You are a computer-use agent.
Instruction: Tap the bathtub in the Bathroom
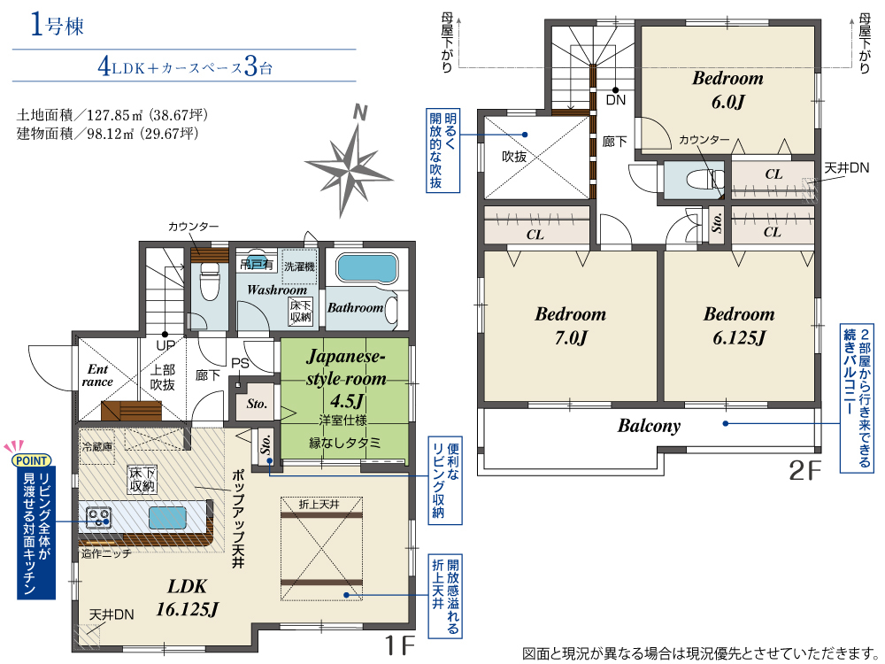(367, 267)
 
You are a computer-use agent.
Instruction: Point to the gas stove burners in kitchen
(98, 517)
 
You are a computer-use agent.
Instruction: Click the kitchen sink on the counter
(167, 517)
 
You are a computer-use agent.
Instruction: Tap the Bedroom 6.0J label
(727, 89)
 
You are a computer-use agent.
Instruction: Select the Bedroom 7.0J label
(570, 326)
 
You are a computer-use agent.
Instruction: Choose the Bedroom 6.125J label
(739, 326)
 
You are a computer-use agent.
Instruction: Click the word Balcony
(649, 426)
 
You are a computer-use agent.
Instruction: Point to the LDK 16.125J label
(188, 598)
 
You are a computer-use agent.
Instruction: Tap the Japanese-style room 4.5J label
(346, 378)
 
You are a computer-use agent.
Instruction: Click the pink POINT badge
(32, 460)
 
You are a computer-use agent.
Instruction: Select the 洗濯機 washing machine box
(299, 266)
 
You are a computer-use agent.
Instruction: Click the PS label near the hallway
(240, 364)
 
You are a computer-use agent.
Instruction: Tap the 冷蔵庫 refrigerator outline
(97, 446)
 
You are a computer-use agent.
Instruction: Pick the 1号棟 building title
(57, 26)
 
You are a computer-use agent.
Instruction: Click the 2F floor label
(804, 470)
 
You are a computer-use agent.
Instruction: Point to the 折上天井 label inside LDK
(319, 504)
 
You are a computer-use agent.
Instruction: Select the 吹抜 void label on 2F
(514, 157)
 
